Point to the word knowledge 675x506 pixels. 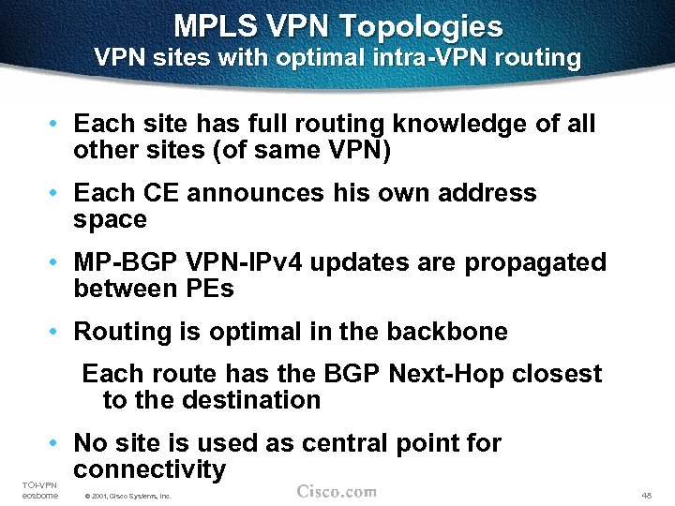click(463, 124)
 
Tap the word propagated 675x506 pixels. click(536, 263)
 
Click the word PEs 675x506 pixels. click(205, 289)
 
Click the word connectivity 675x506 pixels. click(150, 469)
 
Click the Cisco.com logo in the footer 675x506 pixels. click(337, 491)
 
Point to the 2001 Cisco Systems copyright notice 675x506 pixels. click(127, 495)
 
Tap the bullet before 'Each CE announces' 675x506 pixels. click(56, 193)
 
